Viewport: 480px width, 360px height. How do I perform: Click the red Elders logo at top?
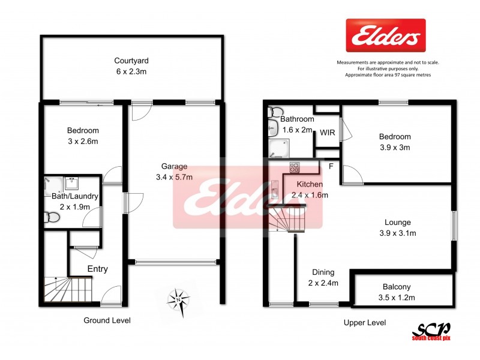386,35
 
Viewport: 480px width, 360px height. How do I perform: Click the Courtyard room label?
131,61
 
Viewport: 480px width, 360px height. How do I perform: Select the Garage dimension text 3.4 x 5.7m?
174,177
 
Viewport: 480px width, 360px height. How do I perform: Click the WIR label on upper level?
327,132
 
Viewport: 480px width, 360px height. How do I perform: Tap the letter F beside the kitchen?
331,164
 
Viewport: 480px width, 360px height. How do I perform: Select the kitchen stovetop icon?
295,167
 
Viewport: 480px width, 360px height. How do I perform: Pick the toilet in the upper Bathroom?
276,111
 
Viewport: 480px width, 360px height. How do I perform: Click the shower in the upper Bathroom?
279,148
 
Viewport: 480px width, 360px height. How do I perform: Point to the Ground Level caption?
106,320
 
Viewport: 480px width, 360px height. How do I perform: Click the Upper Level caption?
364,323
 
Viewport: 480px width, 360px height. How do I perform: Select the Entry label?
98,269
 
